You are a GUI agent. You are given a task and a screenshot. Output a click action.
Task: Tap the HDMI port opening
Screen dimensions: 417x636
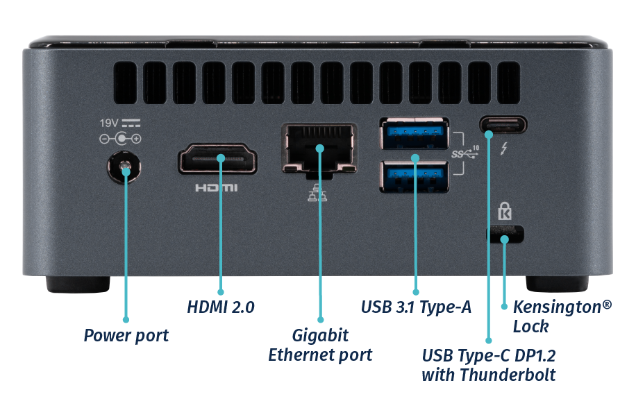tap(218, 159)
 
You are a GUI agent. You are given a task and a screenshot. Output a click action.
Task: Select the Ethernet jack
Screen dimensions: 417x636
tap(319, 148)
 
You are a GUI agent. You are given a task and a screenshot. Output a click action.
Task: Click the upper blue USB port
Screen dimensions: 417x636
tap(414, 133)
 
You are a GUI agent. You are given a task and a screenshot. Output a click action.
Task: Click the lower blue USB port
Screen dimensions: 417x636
tap(414, 176)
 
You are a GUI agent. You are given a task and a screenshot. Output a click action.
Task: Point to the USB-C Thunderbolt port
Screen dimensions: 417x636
tap(503, 126)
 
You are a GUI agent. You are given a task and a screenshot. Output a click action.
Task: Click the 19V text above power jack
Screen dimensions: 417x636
tap(110, 123)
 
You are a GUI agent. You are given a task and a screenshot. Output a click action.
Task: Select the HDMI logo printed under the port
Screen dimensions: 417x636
tap(216, 187)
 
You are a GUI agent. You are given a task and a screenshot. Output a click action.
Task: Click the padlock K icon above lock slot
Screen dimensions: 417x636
tap(504, 210)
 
